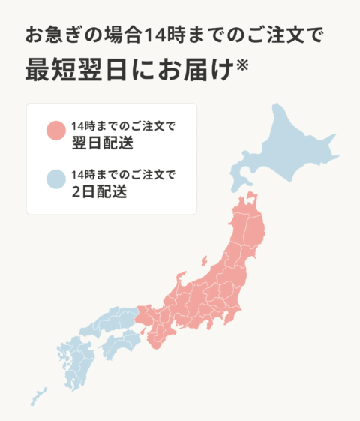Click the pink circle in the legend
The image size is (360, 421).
coord(55,130)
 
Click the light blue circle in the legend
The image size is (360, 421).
coord(55,180)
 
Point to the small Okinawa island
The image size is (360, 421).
coord(37,396)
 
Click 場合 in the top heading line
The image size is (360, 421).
coord(120,35)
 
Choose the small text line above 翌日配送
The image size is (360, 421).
coord(123,124)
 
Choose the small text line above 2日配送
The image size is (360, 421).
coord(123,175)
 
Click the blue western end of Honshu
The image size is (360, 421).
coord(112,319)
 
